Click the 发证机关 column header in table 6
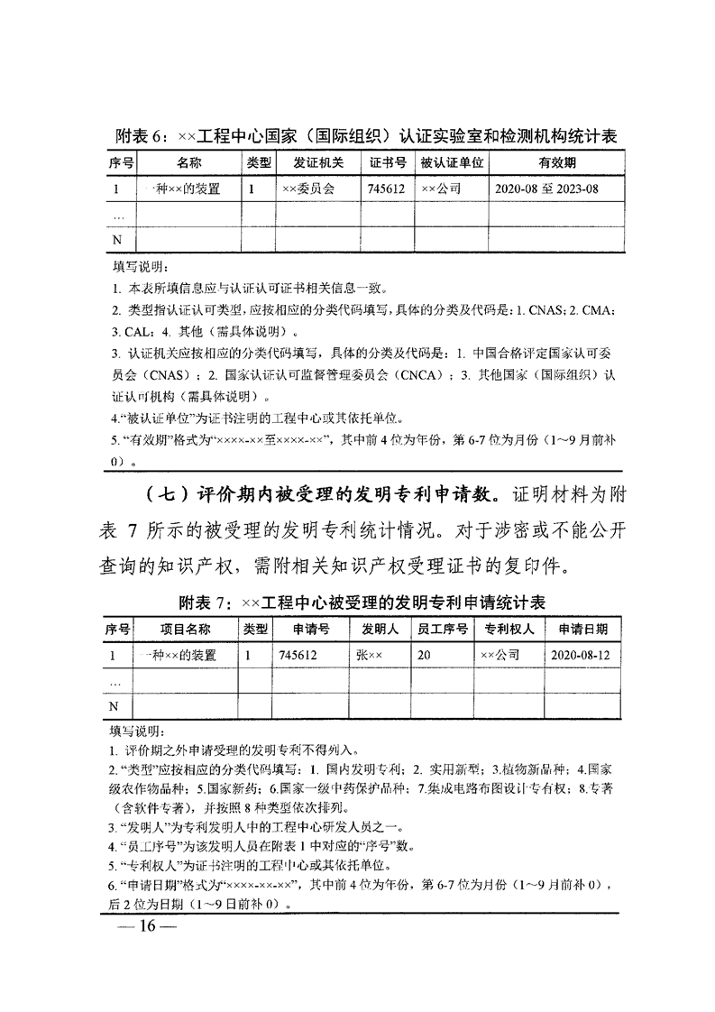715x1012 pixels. point(319,163)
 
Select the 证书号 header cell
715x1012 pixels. point(389,163)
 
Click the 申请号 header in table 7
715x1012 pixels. point(311,629)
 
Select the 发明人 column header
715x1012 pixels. point(380,629)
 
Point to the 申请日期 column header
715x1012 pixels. point(582,629)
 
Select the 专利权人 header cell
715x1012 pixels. point(509,629)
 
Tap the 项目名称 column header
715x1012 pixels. point(185,629)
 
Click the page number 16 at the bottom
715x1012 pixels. point(144,930)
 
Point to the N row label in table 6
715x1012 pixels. point(115,239)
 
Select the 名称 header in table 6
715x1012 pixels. point(188,163)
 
